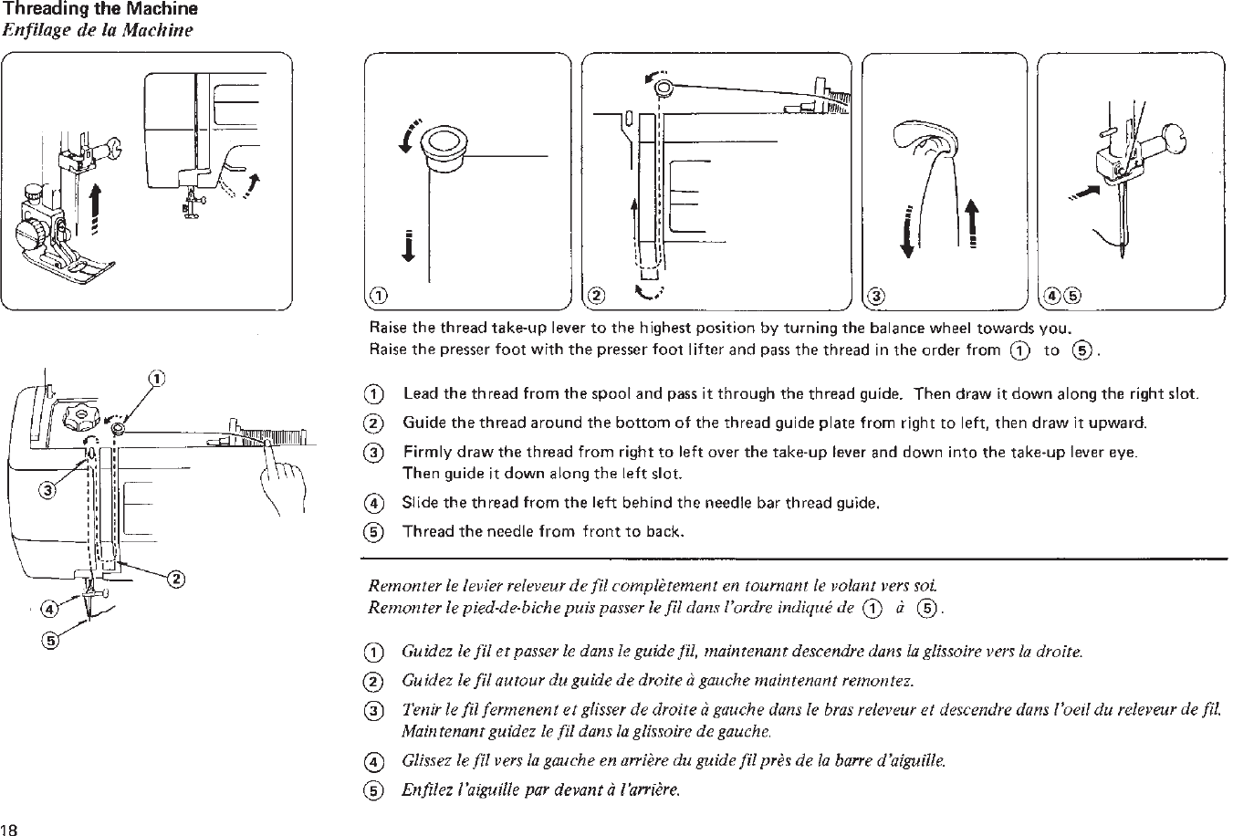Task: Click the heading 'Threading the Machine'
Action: tap(100, 10)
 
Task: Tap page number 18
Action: tap(10, 828)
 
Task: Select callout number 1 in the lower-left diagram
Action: tap(156, 378)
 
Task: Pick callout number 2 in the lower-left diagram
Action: tap(176, 578)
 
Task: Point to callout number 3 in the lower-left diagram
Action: tap(44, 492)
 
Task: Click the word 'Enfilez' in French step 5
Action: tap(423, 789)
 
